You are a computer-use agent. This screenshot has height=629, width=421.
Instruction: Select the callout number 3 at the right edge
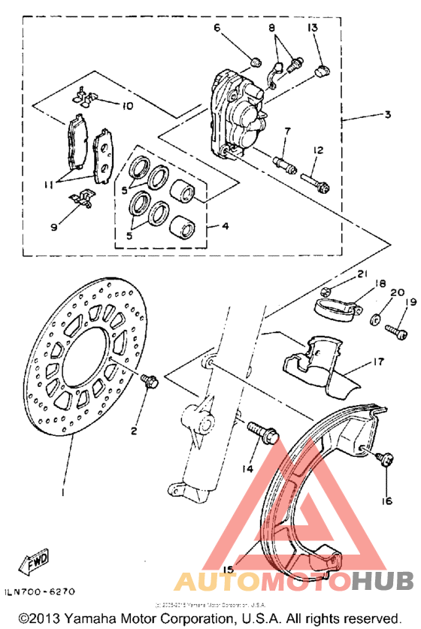[x=387, y=116]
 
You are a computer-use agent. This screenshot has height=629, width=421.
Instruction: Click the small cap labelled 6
[x=255, y=61]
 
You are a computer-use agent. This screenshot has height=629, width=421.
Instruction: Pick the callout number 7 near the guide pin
[x=287, y=132]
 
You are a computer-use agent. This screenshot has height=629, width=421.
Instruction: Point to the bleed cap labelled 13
[x=322, y=72]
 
